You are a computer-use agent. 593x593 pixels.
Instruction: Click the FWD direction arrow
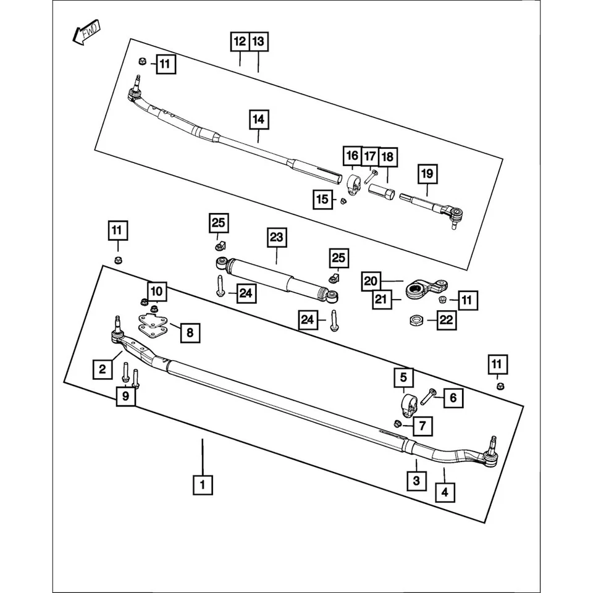[83, 35]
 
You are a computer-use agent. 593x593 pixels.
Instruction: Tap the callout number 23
[277, 237]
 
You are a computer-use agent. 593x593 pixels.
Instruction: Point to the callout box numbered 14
[259, 119]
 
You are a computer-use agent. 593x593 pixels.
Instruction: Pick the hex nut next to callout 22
[416, 320]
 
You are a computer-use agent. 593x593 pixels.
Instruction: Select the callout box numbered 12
[240, 42]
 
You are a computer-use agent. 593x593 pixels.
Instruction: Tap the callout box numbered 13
[259, 42]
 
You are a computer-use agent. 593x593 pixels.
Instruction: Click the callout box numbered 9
[126, 396]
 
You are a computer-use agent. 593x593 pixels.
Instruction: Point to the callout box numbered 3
[416, 480]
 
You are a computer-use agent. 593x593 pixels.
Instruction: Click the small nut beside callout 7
[398, 424]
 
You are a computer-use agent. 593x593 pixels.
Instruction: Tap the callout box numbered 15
[322, 200]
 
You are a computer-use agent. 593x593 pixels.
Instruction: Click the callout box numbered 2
[103, 369]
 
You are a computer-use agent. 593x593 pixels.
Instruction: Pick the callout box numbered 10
[156, 290]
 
